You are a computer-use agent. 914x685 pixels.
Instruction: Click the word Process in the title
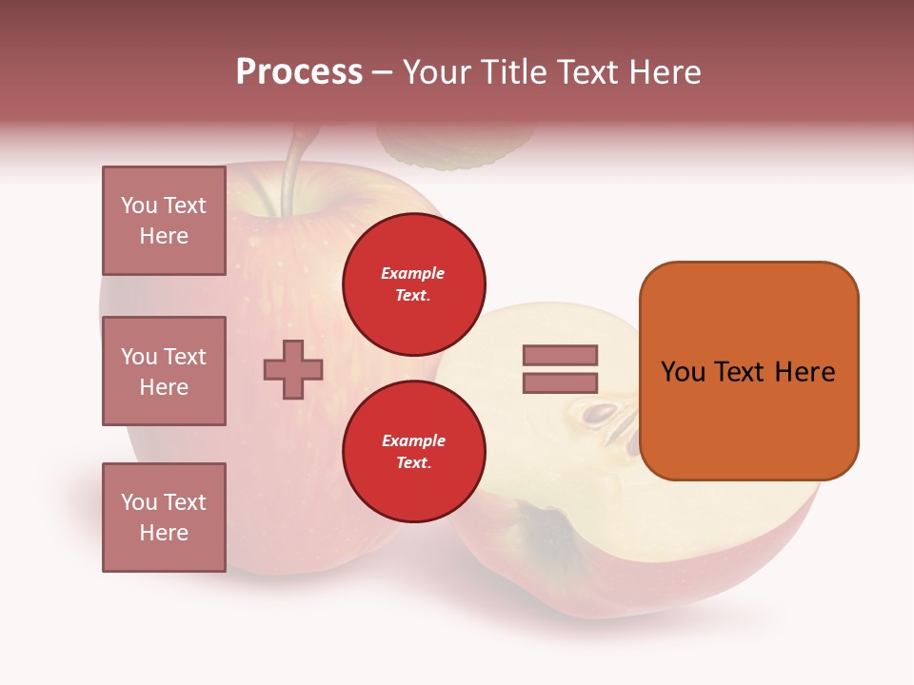coord(299,72)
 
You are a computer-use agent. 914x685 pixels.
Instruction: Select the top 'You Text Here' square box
coord(164,221)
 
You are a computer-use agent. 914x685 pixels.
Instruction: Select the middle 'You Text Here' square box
coord(164,371)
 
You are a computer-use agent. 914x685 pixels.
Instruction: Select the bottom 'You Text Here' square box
coord(164,518)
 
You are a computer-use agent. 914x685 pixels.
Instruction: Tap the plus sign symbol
coord(293,368)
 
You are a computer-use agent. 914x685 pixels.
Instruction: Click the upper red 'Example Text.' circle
coord(413,284)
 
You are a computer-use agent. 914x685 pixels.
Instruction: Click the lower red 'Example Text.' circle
coord(413,452)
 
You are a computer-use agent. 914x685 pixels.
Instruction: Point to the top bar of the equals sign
coord(560,356)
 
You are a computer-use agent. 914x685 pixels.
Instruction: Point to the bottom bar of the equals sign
coord(560,383)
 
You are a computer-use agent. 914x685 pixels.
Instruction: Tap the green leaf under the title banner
coord(455,147)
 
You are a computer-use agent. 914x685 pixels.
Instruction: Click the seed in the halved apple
coord(601,415)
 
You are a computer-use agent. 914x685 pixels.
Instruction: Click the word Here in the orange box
coord(805,372)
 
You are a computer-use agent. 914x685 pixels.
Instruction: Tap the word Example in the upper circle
coord(413,273)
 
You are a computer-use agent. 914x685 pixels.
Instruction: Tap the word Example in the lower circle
coord(413,440)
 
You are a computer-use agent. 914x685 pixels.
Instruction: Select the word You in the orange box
coord(683,372)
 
